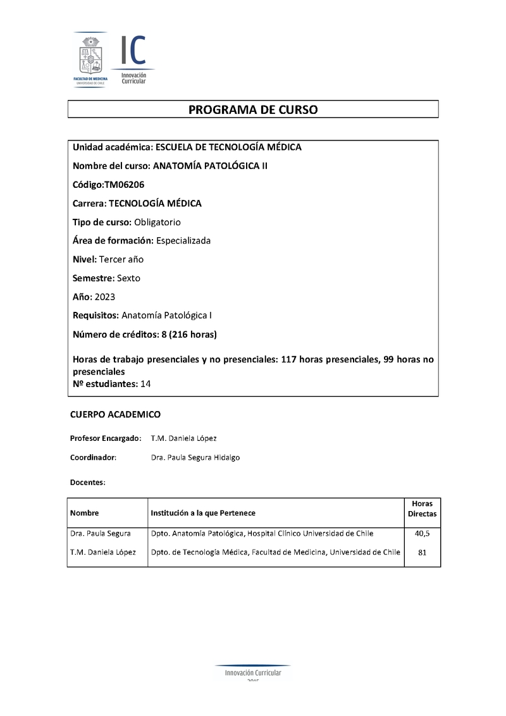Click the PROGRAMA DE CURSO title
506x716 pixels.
(x=253, y=109)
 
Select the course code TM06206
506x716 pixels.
(x=123, y=184)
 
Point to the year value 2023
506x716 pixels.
(x=105, y=296)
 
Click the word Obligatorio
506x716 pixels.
(x=157, y=222)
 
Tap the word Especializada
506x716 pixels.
(x=183, y=240)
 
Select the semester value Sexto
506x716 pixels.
(x=128, y=278)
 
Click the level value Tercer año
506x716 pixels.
(x=116, y=259)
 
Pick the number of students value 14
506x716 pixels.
(x=145, y=383)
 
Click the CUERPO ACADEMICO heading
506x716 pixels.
(x=115, y=414)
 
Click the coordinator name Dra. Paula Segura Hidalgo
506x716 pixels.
(x=195, y=457)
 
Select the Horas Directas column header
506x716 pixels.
(x=422, y=509)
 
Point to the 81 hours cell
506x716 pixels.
(x=422, y=552)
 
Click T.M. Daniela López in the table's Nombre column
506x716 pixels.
(x=103, y=552)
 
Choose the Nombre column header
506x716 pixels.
(x=85, y=513)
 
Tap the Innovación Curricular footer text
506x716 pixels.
(x=253, y=673)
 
